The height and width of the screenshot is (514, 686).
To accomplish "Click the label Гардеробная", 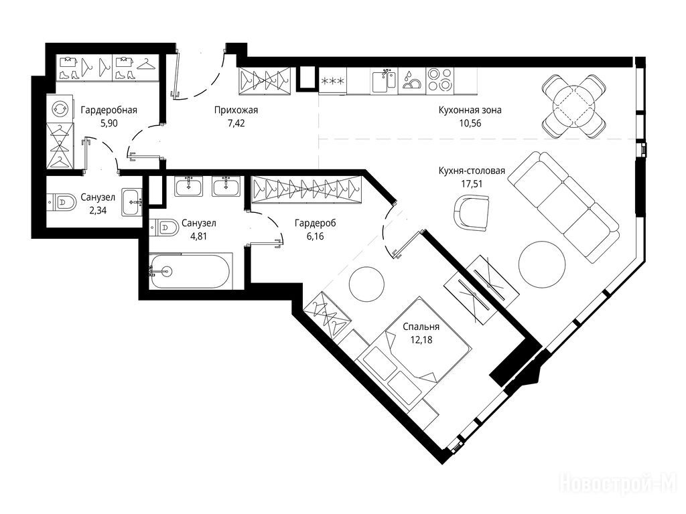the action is coord(109,110).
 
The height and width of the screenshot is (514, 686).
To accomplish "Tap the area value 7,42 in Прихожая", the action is coord(236,123).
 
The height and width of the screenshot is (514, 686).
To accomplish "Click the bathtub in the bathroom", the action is coord(189,272).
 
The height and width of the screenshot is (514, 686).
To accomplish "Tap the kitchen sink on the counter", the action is coord(384,81).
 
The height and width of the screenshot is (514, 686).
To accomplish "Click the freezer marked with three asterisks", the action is coord(332,81).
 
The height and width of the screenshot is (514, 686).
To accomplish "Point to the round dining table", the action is coord(574,106).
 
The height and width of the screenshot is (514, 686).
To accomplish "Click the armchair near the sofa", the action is coord(471,212).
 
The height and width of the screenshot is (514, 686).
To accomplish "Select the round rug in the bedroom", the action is coord(367,284).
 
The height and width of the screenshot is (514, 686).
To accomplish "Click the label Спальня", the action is coord(421,327).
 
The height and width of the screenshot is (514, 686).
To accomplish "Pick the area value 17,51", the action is coord(472,184).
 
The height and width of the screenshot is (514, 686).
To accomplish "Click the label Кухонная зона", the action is coord(470,110).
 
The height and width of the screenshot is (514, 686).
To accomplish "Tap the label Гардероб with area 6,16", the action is coord(316,224).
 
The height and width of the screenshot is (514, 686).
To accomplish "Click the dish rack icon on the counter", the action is coord(412,81).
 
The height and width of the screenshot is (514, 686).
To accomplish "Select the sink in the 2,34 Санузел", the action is coord(132,202).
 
